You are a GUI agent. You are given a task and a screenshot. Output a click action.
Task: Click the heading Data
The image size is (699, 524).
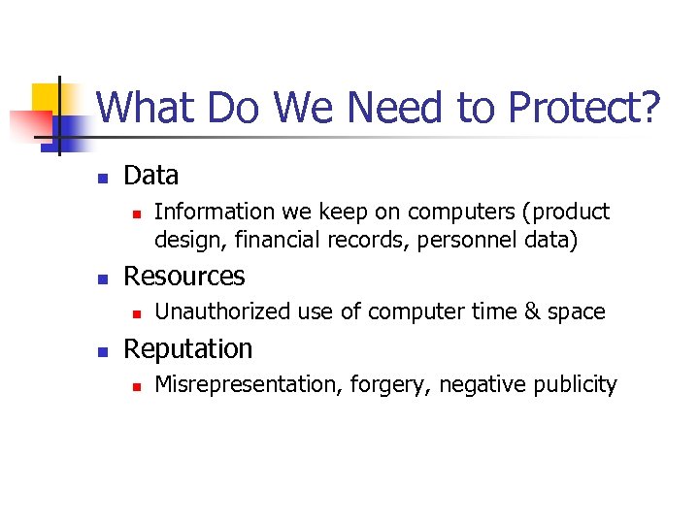[x=151, y=176]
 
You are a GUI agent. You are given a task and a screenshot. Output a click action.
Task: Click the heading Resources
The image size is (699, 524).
[x=184, y=276]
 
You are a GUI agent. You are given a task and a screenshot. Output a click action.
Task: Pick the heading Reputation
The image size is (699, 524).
[x=188, y=348]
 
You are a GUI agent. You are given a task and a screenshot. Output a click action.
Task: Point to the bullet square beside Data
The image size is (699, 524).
[x=100, y=178]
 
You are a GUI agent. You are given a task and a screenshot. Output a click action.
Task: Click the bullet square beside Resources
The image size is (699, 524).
[x=100, y=278]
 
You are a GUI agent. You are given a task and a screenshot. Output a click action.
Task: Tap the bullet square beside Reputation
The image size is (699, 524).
[x=100, y=350]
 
